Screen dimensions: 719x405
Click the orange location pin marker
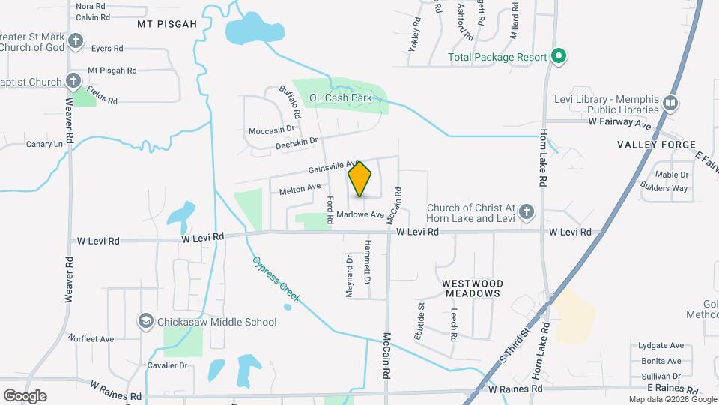coord(360,178)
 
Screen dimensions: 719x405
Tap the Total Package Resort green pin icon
coord(558,56)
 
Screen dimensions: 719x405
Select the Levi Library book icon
coord(670,103)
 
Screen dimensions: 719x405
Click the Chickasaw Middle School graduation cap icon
coord(146,322)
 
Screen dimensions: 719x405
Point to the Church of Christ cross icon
coord(527,212)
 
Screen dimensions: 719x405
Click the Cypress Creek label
coord(276,279)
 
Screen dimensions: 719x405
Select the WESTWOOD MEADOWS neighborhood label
coord(472,288)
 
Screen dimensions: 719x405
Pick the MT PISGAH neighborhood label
coord(167,24)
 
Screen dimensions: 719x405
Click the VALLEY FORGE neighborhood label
coord(656,145)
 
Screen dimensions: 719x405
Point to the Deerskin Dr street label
coord(297,141)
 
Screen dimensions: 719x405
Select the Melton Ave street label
coord(300,190)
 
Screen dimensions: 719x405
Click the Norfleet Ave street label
coord(91,339)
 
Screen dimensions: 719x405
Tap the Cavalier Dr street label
coord(166,366)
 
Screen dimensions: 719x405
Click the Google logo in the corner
coord(24,395)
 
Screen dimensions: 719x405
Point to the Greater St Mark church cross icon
coord(74,40)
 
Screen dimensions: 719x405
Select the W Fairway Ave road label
coord(620,121)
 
